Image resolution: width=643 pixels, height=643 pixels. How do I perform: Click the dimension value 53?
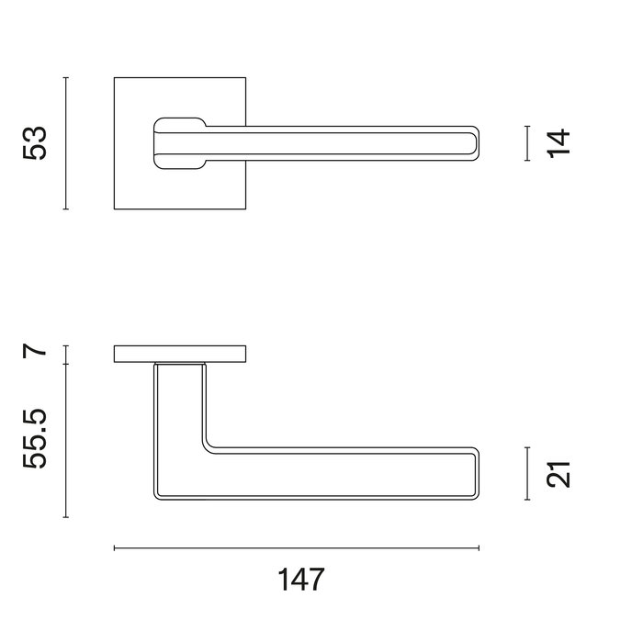coord(34,143)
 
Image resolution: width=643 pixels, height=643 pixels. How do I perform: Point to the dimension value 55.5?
coord(34,439)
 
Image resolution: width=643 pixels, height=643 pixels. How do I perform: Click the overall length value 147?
coord(301,581)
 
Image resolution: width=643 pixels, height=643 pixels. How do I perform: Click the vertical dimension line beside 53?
coord(66,143)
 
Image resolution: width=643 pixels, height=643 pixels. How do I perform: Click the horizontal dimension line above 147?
coord(296,548)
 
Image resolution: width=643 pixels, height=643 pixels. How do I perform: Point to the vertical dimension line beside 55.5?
coord(66,439)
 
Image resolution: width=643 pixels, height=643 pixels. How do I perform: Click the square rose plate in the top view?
coord(133,184)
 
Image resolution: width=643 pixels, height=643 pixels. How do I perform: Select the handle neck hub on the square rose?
coord(179,143)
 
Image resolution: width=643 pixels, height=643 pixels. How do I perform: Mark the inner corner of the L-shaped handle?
coord(208,446)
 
